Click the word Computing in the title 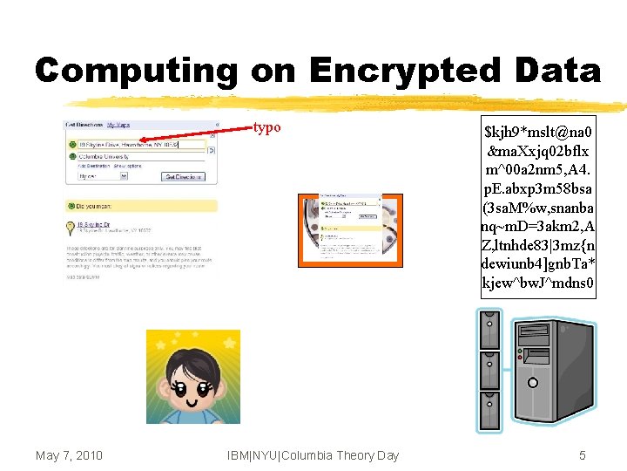point(136,71)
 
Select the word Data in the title point(554,71)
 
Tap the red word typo point(266,127)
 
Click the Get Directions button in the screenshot point(183,176)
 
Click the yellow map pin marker point(71,228)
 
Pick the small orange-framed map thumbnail point(339,229)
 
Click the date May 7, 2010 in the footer point(70,455)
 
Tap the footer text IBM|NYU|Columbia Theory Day point(313,455)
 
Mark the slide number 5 point(583,455)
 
